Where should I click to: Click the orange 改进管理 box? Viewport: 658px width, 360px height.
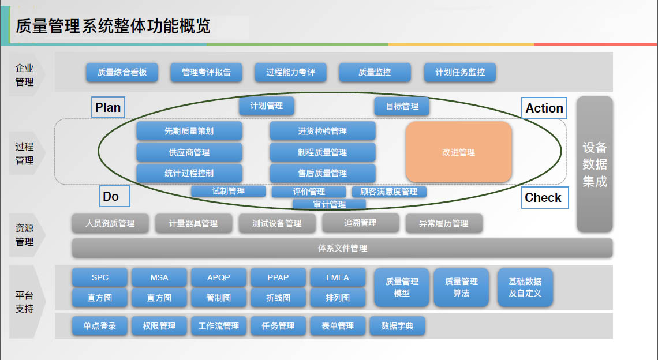(x=459, y=152)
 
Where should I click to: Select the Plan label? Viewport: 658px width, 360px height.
(x=108, y=107)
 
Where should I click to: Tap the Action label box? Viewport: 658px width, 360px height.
(x=544, y=108)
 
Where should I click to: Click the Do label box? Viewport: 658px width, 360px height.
(x=114, y=196)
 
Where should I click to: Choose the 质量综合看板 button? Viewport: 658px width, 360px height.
(x=122, y=72)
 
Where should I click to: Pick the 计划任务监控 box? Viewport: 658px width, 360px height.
(x=459, y=72)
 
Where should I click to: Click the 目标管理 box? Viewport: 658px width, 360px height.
(x=402, y=106)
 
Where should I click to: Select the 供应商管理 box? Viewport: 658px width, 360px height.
(x=189, y=152)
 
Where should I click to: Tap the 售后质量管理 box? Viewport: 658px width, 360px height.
(x=322, y=173)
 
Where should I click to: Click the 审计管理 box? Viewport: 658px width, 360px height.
(x=329, y=204)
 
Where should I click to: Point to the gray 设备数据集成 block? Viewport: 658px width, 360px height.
(x=595, y=164)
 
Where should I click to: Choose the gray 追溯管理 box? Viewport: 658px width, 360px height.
(x=360, y=223)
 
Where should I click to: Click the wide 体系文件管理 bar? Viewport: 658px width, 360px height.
(x=342, y=248)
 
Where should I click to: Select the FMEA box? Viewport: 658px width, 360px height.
(x=337, y=277)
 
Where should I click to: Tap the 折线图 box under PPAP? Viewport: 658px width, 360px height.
(x=278, y=298)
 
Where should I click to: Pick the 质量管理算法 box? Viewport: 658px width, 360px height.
(x=461, y=287)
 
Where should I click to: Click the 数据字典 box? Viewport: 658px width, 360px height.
(x=397, y=326)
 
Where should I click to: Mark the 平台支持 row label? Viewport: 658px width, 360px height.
(x=24, y=302)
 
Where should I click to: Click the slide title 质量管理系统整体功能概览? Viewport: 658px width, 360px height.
(x=113, y=26)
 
